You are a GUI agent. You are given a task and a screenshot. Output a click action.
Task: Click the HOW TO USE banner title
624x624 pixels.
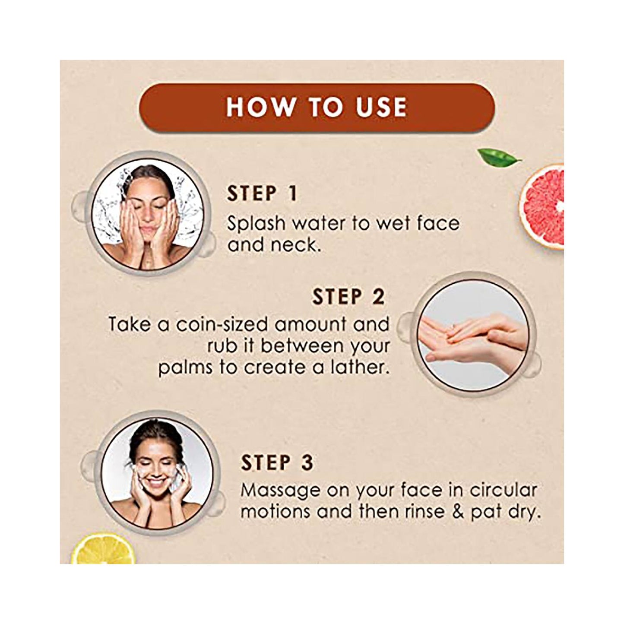(x=317, y=107)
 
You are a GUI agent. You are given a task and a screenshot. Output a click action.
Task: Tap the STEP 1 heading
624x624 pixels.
(x=262, y=194)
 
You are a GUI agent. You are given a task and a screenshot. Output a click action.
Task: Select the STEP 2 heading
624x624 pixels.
(x=348, y=297)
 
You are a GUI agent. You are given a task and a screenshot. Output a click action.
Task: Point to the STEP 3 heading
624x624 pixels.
(x=277, y=463)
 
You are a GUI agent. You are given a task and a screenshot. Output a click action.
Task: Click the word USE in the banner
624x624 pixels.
(x=381, y=107)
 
